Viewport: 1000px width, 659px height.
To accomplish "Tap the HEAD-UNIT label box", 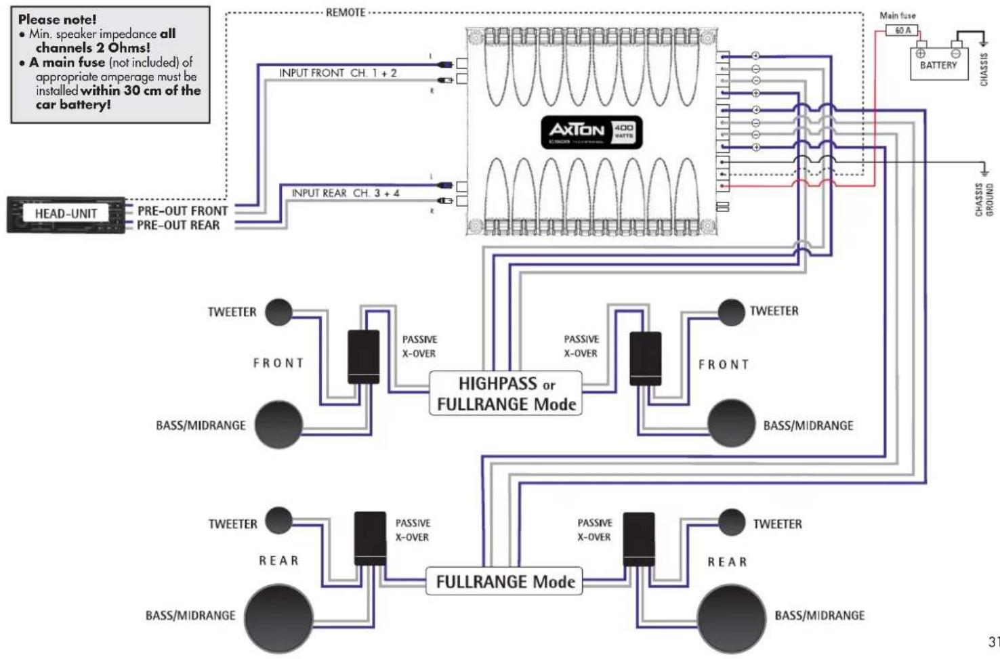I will click(x=66, y=214).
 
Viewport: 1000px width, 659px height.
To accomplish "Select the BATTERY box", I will click(x=938, y=64).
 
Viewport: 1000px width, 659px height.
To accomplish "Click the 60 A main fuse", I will click(x=902, y=30).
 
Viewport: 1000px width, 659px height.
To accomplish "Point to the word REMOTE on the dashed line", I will click(x=346, y=12).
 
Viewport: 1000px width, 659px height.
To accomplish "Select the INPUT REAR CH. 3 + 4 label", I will click(x=346, y=193).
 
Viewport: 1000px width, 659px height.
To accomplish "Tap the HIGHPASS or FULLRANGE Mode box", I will click(x=505, y=394).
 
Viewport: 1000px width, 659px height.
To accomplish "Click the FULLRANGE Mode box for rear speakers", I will click(x=505, y=582).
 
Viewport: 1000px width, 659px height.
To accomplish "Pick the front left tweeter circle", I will click(x=278, y=312).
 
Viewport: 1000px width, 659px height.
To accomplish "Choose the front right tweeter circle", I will click(x=731, y=312).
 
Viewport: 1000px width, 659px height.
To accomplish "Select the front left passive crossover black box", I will click(x=364, y=357).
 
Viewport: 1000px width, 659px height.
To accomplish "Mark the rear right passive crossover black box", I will click(x=639, y=539).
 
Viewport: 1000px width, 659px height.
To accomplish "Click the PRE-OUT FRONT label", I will click(x=182, y=211).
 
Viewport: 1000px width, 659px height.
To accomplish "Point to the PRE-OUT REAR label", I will click(x=178, y=226).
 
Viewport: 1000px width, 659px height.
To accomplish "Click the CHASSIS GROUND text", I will click(x=984, y=199).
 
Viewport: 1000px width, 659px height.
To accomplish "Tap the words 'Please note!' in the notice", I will click(x=58, y=20).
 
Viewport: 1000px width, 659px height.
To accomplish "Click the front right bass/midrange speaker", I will click(x=731, y=424).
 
